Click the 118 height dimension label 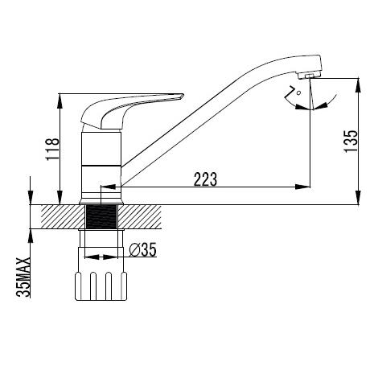[x=52, y=150]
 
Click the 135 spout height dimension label [x=351, y=142]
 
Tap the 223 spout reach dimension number [x=205, y=179]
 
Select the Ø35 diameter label [x=142, y=250]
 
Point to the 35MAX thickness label [x=23, y=277]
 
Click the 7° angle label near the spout [x=293, y=92]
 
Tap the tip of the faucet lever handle [x=183, y=95]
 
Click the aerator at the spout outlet [x=309, y=76]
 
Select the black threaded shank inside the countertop [x=102, y=216]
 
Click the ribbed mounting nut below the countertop [x=101, y=286]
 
